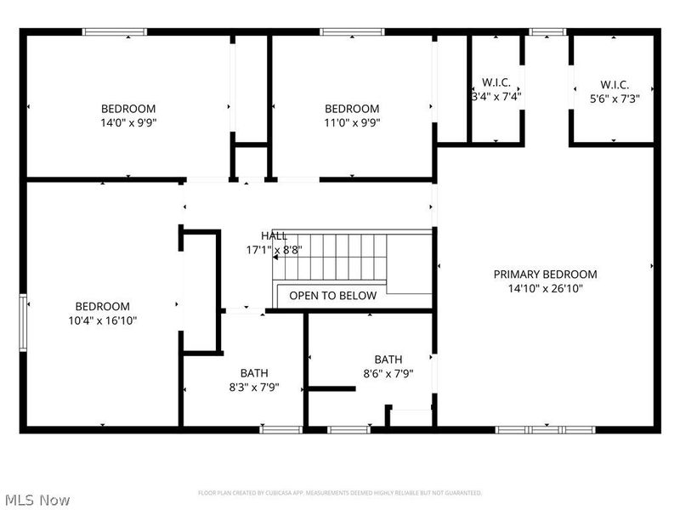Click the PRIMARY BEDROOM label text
(545, 274)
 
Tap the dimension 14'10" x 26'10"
(545, 288)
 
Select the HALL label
(274, 235)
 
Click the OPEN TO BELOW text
(332, 296)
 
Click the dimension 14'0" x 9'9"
(128, 122)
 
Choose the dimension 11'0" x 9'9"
(352, 122)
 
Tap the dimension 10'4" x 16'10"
(103, 320)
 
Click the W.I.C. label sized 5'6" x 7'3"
(614, 84)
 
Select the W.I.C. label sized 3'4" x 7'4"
(496, 82)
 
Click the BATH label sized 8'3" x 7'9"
(253, 373)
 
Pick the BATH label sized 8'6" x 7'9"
(388, 360)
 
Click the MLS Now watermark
(37, 500)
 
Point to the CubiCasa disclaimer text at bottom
(340, 493)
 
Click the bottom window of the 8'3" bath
(281, 429)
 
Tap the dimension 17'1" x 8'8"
(274, 250)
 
